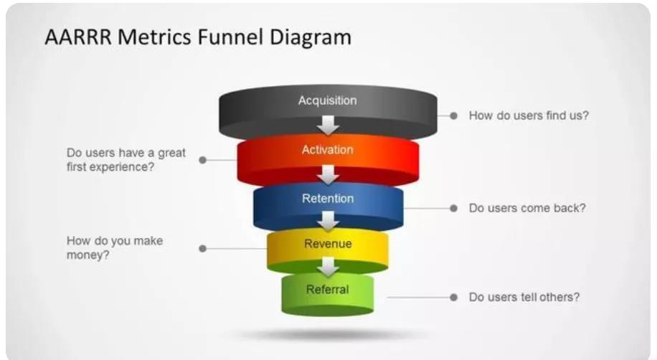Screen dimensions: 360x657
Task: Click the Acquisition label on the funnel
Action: pyautogui.click(x=327, y=101)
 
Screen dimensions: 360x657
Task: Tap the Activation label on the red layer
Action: pyautogui.click(x=327, y=150)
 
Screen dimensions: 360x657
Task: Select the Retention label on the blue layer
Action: pyautogui.click(x=328, y=199)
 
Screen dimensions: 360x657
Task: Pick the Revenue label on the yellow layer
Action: pyautogui.click(x=328, y=244)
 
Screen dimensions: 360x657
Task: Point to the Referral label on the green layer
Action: pyautogui.click(x=328, y=290)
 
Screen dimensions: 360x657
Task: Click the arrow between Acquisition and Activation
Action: pyautogui.click(x=328, y=126)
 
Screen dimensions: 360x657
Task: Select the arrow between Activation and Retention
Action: pyautogui.click(x=328, y=174)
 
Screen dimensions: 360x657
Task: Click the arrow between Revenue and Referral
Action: pyautogui.click(x=328, y=267)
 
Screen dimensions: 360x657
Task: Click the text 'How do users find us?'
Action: pyautogui.click(x=529, y=115)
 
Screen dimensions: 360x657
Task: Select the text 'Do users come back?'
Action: pyautogui.click(x=527, y=208)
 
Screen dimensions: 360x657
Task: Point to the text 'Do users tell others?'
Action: pyautogui.click(x=524, y=297)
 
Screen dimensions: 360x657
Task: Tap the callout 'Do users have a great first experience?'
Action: pyautogui.click(x=126, y=160)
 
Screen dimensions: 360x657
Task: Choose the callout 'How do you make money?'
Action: pyautogui.click(x=115, y=247)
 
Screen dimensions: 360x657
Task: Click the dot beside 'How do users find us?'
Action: pyautogui.click(x=453, y=115)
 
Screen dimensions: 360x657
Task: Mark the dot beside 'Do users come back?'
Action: pyautogui.click(x=453, y=208)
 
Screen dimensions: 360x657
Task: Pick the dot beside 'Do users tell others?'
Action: pyautogui.click(x=453, y=297)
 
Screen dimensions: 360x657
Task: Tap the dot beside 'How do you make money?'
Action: pyautogui.click(x=203, y=248)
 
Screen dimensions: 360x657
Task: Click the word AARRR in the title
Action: pyautogui.click(x=77, y=37)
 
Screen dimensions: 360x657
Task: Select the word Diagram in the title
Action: pyautogui.click(x=311, y=37)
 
